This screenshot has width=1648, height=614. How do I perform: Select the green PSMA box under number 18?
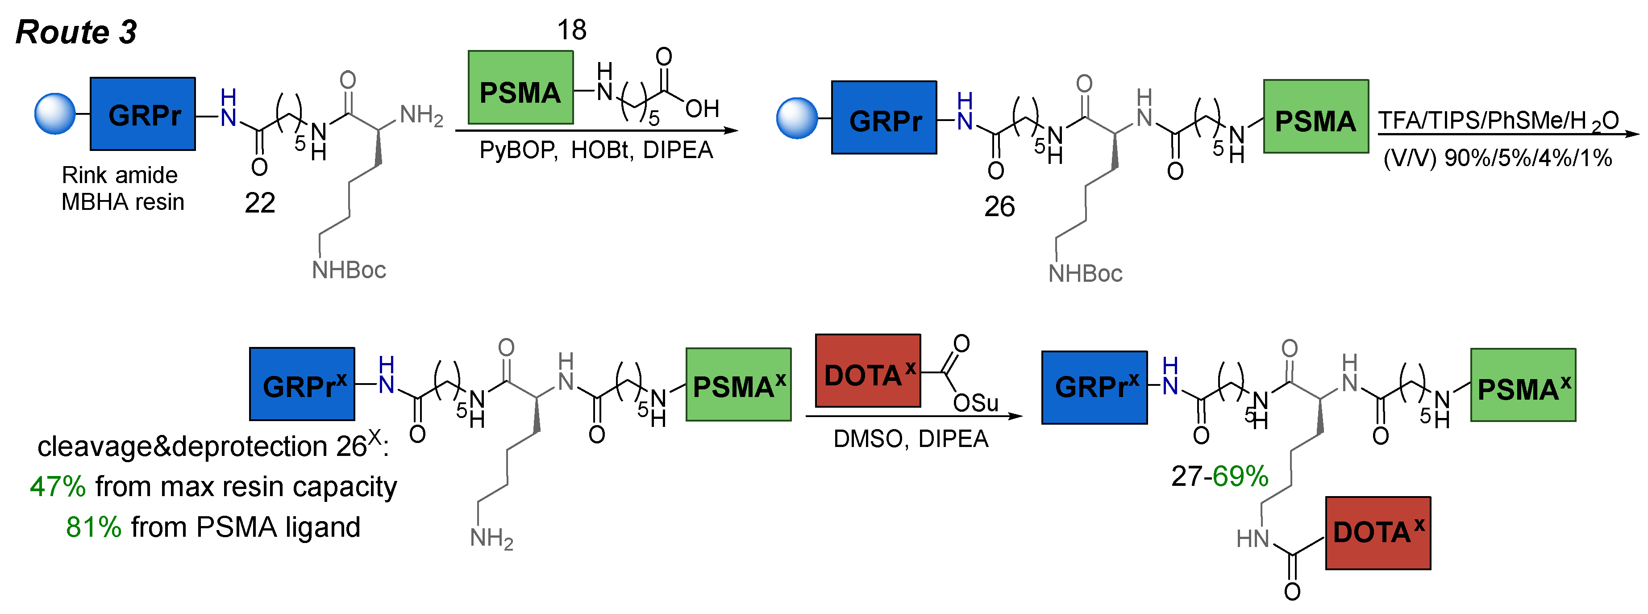(x=520, y=88)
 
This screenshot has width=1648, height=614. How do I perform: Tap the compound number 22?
(x=260, y=203)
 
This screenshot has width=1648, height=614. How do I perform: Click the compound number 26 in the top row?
(x=999, y=206)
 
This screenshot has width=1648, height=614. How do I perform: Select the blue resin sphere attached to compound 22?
(x=55, y=114)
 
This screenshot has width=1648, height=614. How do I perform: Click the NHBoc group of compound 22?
(x=349, y=270)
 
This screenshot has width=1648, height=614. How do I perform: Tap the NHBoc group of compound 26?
(x=1085, y=273)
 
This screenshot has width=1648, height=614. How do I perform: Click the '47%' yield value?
(x=58, y=487)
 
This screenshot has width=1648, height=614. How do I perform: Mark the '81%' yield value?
(x=93, y=527)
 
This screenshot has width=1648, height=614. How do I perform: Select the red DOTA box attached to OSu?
(x=867, y=371)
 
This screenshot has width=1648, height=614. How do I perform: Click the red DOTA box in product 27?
(x=1377, y=533)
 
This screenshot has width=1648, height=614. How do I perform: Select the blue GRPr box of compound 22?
(x=143, y=114)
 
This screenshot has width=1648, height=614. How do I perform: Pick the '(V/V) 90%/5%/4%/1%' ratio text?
(x=1497, y=158)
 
